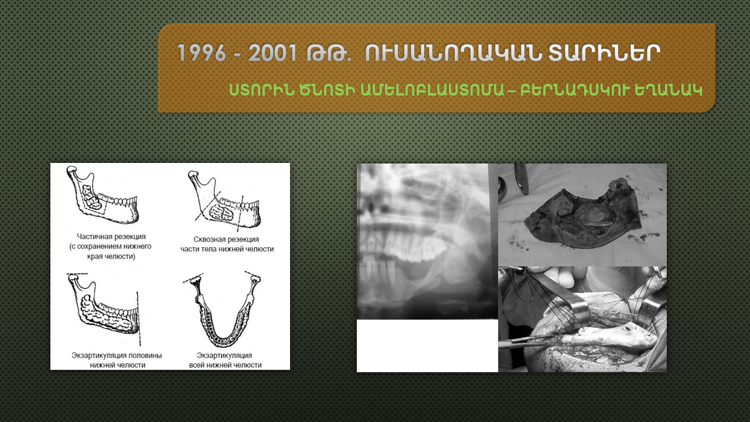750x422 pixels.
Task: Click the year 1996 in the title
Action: pos(201,53)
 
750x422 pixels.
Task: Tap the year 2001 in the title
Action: pos(272,53)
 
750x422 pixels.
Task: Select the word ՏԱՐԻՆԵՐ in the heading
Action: pos(604,53)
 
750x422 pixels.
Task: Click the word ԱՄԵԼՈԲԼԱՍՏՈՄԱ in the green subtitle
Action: pos(432,90)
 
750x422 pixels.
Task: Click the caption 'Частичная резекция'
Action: pos(111,237)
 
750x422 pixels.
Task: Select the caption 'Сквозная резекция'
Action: pos(226,240)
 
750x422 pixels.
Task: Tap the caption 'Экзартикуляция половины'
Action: pos(117,355)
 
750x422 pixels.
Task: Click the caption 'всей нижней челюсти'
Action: pos(226,365)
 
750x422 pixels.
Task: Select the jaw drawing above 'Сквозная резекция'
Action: pos(224,199)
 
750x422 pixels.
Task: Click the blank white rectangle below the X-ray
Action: pos(427,346)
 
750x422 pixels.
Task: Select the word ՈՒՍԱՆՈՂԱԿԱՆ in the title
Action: pos(453,53)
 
